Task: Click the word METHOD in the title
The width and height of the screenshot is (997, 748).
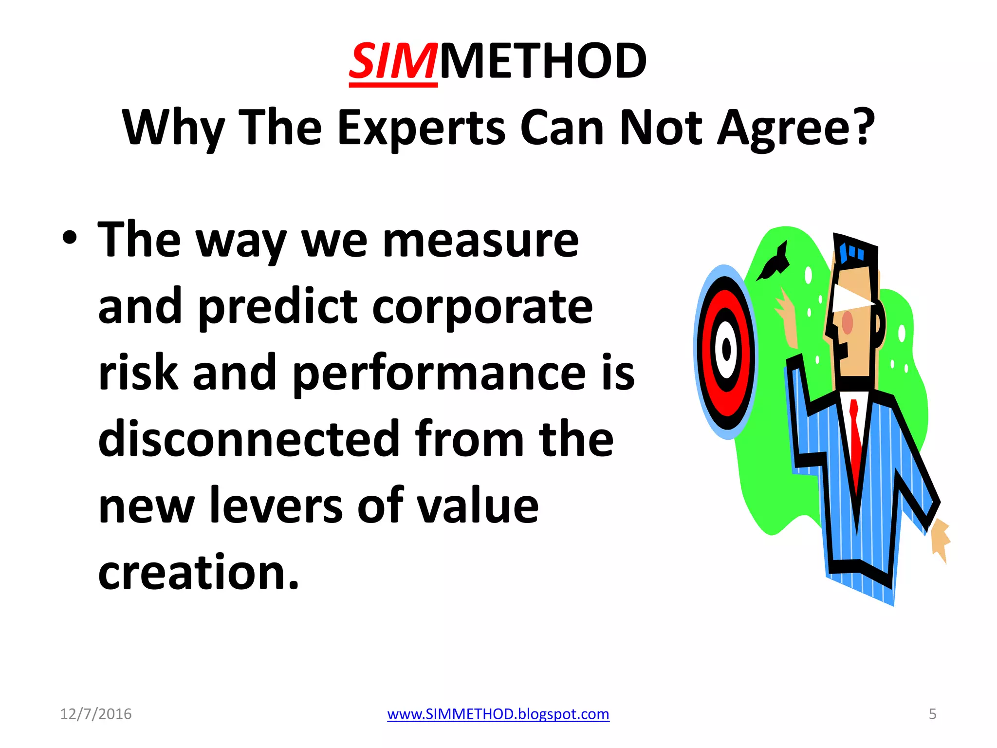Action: click(543, 62)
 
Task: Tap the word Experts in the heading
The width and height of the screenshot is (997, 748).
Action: click(421, 128)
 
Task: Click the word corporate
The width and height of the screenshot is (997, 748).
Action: click(482, 307)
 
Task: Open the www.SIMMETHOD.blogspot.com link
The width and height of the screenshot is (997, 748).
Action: click(498, 714)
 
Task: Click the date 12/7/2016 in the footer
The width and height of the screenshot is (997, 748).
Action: click(96, 714)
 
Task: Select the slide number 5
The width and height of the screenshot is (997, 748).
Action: click(932, 714)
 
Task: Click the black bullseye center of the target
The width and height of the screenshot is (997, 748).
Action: click(726, 350)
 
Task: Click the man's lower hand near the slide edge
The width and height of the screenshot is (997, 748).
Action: click(940, 538)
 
